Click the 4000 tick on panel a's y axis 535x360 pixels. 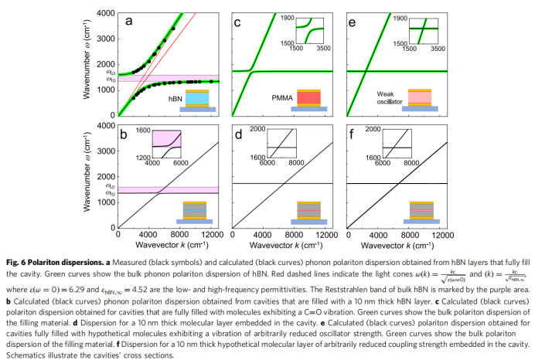[106, 13]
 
